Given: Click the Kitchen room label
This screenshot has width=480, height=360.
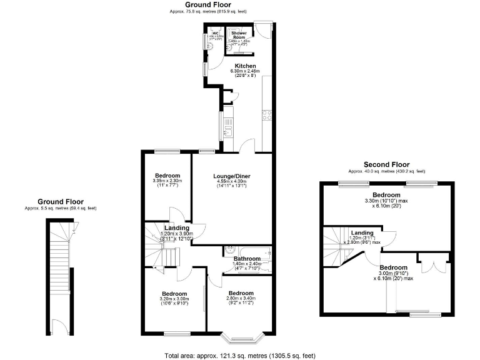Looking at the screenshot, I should pyautogui.click(x=245, y=66).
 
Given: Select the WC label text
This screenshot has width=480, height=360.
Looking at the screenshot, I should pyautogui.click(x=216, y=33).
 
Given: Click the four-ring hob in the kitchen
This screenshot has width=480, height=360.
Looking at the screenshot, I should pyautogui.click(x=267, y=114).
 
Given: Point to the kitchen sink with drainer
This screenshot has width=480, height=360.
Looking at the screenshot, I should pyautogui.click(x=229, y=129).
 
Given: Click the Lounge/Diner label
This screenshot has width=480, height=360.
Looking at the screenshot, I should pyautogui.click(x=232, y=176).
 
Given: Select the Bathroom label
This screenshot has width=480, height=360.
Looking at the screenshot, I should pyautogui.click(x=247, y=259).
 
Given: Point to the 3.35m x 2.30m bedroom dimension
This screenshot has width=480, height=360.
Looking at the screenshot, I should pyautogui.click(x=167, y=181).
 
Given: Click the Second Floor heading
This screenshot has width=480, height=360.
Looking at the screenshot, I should pyautogui.click(x=386, y=165).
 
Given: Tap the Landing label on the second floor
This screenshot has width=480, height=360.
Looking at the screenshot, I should pyautogui.click(x=362, y=232).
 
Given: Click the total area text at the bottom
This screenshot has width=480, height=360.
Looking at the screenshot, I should pyautogui.click(x=239, y=355).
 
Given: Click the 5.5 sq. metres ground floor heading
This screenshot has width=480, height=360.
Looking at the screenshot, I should pyautogui.click(x=60, y=208).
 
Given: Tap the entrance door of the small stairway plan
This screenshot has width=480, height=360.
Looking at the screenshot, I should pyautogui.click(x=61, y=331).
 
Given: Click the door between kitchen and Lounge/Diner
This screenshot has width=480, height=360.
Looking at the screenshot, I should pyautogui.click(x=247, y=146).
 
